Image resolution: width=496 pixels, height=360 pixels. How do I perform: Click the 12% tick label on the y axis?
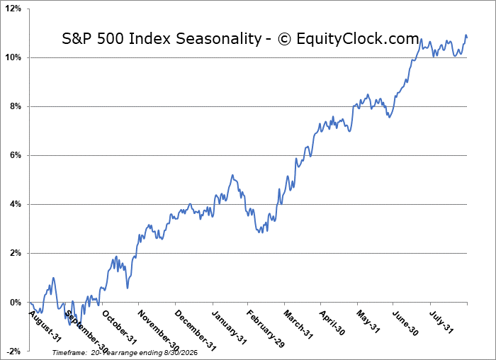tap(13, 9)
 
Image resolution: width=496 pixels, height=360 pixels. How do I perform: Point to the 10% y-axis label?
tap(13, 57)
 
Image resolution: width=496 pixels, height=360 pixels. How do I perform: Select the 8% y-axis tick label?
tap(15, 106)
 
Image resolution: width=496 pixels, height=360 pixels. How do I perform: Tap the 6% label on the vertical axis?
tap(15, 155)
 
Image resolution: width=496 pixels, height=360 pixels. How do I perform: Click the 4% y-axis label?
tap(15, 204)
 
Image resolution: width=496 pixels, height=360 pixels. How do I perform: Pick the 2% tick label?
tap(15, 254)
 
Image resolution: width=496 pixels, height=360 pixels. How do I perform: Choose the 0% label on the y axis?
tap(15, 303)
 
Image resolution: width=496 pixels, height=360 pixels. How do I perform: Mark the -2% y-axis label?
tap(14, 351)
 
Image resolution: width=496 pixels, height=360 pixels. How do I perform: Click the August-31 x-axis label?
tap(45, 326)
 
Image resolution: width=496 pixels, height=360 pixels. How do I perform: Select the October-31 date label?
tap(120, 327)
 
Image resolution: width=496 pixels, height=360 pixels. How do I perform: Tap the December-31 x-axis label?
tap(195, 330)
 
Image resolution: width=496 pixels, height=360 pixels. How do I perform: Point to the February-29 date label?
tap(266, 329)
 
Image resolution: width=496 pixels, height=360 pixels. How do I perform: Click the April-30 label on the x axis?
tap(332, 322)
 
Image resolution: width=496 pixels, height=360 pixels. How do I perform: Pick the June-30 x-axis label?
tap(405, 323)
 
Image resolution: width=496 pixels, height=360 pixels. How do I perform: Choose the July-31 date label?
tap(441, 322)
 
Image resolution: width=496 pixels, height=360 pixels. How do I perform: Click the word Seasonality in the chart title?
tap(219, 39)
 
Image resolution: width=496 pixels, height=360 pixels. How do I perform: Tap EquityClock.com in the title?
tap(358, 39)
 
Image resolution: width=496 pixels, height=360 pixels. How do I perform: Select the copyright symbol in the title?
tap(284, 40)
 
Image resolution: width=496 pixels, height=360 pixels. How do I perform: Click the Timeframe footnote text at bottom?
tap(125, 352)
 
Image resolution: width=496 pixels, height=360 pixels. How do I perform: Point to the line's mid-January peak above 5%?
tap(232, 175)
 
